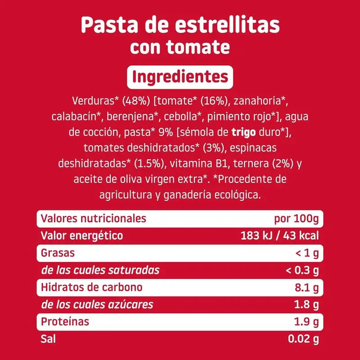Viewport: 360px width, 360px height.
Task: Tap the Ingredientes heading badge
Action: (180, 77)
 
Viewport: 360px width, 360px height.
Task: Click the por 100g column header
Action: (296, 219)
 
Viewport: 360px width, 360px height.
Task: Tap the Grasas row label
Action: (58, 253)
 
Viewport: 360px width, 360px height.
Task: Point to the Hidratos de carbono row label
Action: (91, 288)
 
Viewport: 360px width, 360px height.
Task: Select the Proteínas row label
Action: (65, 322)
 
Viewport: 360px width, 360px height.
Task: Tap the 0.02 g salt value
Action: (303, 339)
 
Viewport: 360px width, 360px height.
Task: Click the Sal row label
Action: (48, 339)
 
